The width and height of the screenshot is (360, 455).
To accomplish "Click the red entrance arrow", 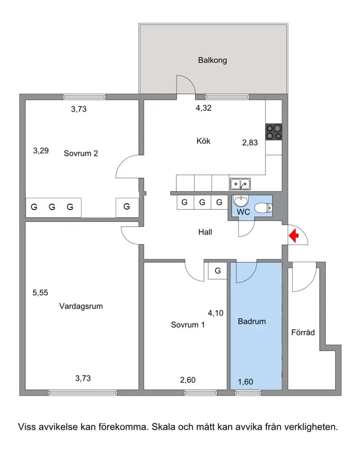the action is click(294, 235).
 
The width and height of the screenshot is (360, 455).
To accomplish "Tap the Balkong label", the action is click(212, 60).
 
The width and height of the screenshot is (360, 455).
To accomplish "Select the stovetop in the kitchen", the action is click(274, 132).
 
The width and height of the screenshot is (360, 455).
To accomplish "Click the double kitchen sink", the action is click(240, 184).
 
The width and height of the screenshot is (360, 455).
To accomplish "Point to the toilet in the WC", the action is click(264, 208).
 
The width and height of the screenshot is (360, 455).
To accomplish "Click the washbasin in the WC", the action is click(241, 201).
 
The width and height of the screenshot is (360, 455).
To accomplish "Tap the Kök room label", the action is click(203, 141).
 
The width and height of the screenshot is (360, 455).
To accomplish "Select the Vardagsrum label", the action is click(81, 307).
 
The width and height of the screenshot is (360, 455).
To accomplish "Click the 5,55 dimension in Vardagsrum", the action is click(40, 293).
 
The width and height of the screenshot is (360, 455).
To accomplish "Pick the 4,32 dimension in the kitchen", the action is click(203, 108).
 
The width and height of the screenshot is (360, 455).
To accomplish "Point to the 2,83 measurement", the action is click(250, 143).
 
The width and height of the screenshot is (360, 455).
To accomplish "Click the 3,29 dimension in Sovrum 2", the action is click(41, 151).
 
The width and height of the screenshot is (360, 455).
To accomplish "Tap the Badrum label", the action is click(252, 321).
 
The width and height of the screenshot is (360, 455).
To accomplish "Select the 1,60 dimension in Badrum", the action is click(246, 382).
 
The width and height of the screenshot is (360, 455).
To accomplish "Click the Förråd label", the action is click(303, 332).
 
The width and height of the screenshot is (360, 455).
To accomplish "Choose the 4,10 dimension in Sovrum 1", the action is click(216, 313).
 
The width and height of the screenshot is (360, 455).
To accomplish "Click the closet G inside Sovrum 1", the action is click(217, 271).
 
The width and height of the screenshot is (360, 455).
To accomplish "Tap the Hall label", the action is click(205, 232).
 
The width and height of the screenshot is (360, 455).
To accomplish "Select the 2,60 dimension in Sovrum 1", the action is click(188, 380).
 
